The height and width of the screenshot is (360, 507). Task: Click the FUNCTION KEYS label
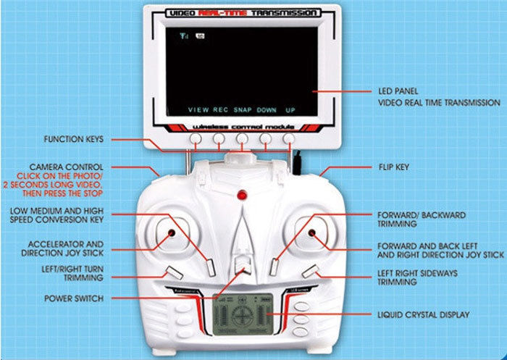pyautogui.click(x=74, y=139)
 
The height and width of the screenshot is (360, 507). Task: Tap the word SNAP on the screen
pyautogui.click(x=242, y=109)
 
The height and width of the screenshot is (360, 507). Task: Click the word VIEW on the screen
pyautogui.click(x=198, y=109)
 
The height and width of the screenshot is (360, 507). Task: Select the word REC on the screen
pyautogui.click(x=220, y=109)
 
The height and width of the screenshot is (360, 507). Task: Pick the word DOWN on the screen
pyautogui.click(x=267, y=109)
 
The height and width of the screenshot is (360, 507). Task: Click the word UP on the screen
pyautogui.click(x=290, y=109)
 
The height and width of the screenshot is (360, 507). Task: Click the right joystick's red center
pyautogui.click(x=312, y=233)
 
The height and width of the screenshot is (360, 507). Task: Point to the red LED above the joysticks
pyautogui.click(x=243, y=195)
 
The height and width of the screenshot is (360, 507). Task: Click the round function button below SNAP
pyautogui.click(x=242, y=138)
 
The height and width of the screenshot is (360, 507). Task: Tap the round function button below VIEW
pyautogui.click(x=196, y=138)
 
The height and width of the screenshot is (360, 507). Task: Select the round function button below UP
pyautogui.click(x=289, y=138)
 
